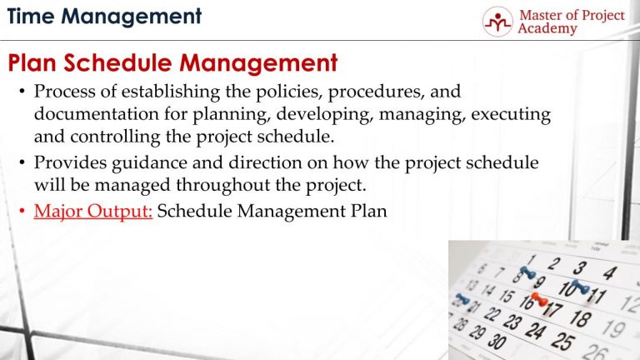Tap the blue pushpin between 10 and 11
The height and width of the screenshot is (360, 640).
[577, 287]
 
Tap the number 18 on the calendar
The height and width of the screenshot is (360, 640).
[581, 319]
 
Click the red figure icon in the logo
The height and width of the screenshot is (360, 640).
[498, 22]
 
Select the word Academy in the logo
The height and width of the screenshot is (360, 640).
[547, 29]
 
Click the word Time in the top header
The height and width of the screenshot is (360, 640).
[32, 15]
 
